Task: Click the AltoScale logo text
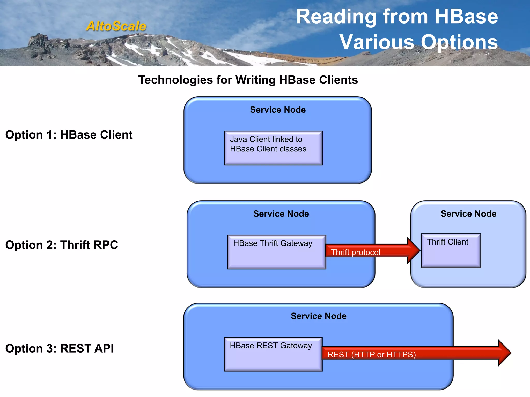pyautogui.click(x=116, y=26)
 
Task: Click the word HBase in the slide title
pyautogui.click(x=466, y=17)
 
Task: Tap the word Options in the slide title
pyautogui.click(x=459, y=42)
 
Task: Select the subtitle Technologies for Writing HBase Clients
pyautogui.click(x=248, y=80)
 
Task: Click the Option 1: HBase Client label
pyautogui.click(x=69, y=135)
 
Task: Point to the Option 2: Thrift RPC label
pyautogui.click(x=62, y=245)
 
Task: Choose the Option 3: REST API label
pyautogui.click(x=60, y=348)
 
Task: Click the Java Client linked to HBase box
pyautogui.click(x=273, y=148)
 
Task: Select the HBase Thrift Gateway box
pyautogui.click(x=276, y=252)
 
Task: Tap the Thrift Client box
pyautogui.click(x=451, y=250)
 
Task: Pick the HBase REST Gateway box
pyautogui.click(x=273, y=354)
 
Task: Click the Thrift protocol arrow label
pyautogui.click(x=356, y=252)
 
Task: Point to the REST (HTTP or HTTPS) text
pyautogui.click(x=372, y=354)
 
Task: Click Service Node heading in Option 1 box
pyautogui.click(x=278, y=110)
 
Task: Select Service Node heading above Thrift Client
pyautogui.click(x=468, y=214)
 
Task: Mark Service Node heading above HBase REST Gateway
pyautogui.click(x=318, y=316)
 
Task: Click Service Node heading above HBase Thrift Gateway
pyautogui.click(x=281, y=214)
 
